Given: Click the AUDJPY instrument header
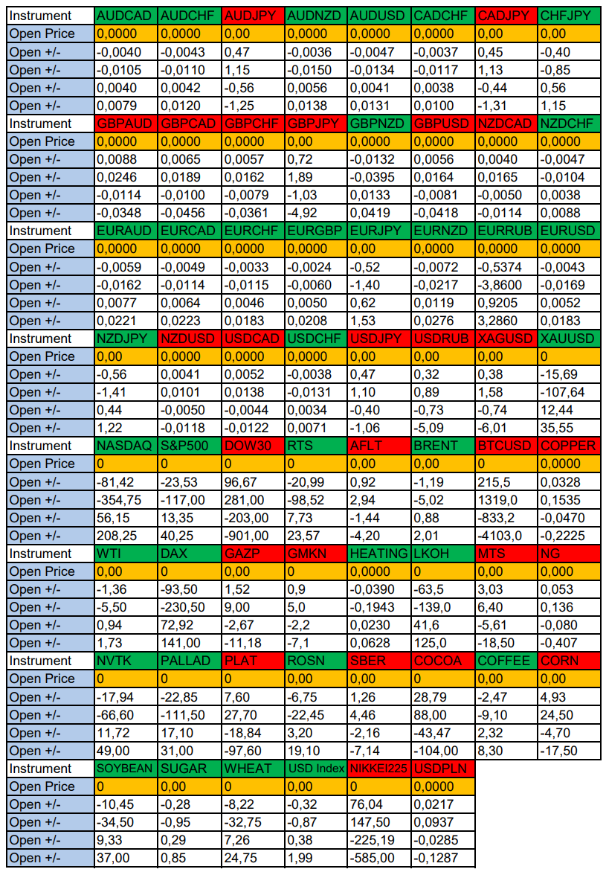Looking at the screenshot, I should [x=253, y=16].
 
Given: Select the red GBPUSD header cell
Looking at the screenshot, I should [x=443, y=124].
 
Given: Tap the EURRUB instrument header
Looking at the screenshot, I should [x=506, y=231].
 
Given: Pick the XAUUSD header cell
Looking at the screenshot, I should [x=569, y=339].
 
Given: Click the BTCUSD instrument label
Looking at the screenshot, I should [x=506, y=446].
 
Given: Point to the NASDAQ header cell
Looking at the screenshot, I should [x=126, y=446].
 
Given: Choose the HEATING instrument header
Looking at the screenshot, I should [x=378, y=554].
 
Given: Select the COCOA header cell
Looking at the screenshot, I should [x=443, y=661].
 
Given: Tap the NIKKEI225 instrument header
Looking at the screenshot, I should [x=378, y=769].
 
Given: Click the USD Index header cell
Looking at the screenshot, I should [x=316, y=769].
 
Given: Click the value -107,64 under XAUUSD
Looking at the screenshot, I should [x=569, y=392].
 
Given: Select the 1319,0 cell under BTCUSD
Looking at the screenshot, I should [x=506, y=500].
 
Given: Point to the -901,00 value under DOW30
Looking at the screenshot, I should [x=253, y=536].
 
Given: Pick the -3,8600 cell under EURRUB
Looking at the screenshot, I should [x=506, y=285].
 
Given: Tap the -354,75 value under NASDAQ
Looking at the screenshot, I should [x=126, y=500].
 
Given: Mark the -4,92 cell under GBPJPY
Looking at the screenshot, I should [x=316, y=213].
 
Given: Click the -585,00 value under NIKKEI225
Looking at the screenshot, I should [x=378, y=859].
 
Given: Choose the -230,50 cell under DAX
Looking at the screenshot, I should [x=190, y=607].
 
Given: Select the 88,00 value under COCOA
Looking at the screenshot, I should [x=443, y=715].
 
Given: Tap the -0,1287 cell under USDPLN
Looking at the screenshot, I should [x=443, y=859].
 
